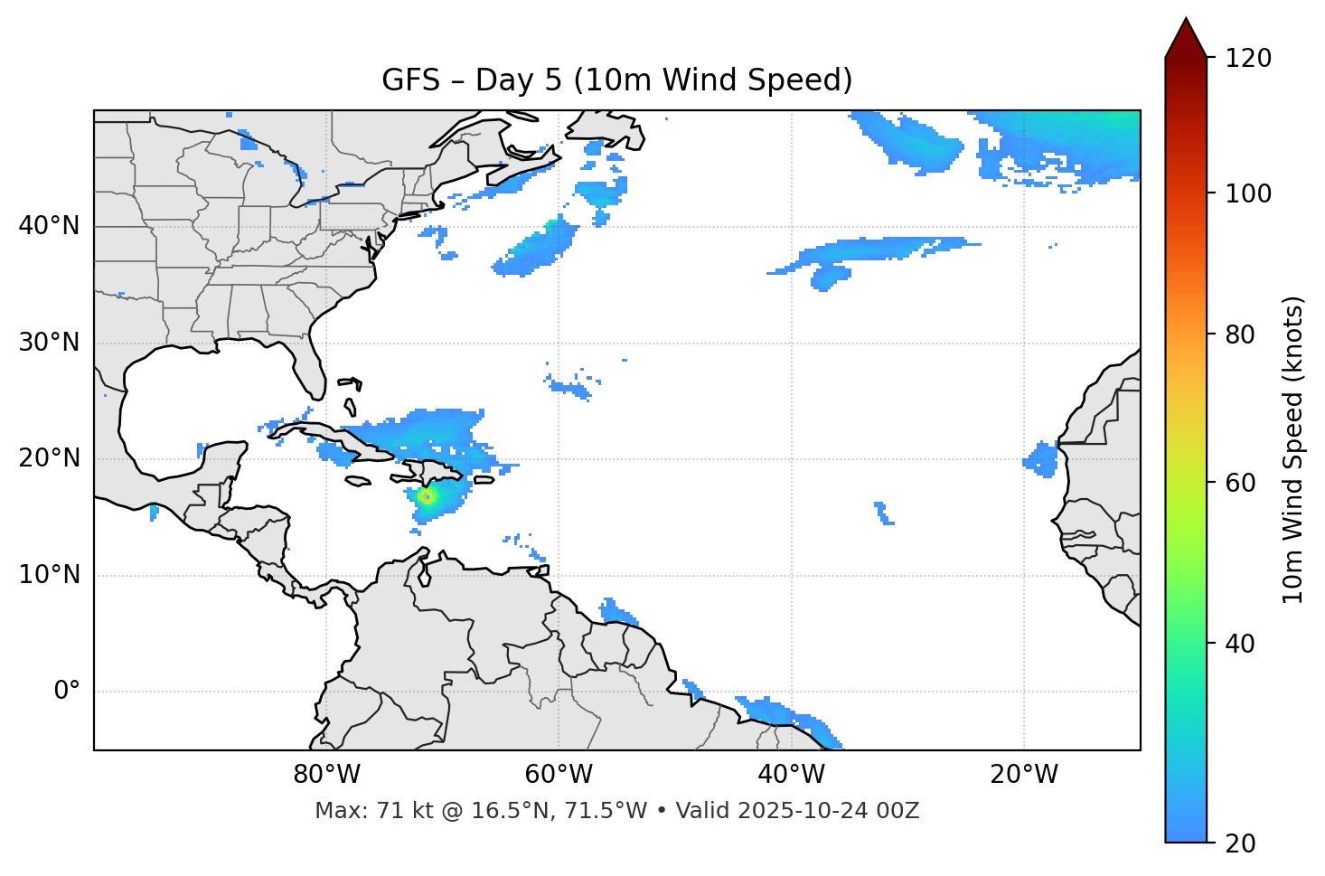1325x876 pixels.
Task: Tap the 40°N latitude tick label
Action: point(49,226)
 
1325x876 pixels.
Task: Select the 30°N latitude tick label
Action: point(49,343)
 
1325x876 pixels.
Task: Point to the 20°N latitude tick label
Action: point(49,458)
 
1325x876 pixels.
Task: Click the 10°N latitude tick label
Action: point(49,575)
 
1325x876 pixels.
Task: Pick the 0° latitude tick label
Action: point(67,692)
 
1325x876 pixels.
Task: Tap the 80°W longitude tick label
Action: point(326,775)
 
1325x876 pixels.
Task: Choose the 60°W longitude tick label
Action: point(559,775)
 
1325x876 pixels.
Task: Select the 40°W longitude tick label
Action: point(791,775)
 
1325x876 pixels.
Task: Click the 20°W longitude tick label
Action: point(1023,775)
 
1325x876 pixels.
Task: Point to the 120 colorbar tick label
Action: point(1248,59)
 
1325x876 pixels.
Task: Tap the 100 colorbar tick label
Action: point(1248,193)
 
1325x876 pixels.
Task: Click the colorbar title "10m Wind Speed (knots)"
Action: point(1293,449)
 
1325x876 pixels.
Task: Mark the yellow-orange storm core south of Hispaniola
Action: point(427,495)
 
